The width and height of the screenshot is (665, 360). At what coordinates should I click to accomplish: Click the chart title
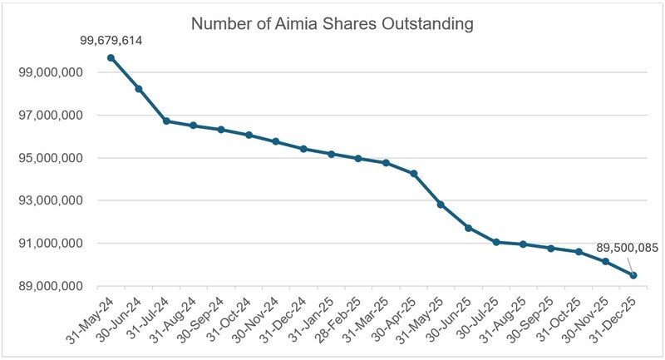click(332, 23)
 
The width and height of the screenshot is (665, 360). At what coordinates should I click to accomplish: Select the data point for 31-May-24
click(111, 57)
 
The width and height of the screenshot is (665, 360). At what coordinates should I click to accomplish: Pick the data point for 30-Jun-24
click(138, 89)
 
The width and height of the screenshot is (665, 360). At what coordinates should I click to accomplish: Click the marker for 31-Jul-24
click(166, 121)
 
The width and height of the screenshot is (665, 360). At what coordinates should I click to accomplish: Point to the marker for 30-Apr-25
click(414, 174)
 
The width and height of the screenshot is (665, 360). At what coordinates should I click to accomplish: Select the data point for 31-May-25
click(441, 205)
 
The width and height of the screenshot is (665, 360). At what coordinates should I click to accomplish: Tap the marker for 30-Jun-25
click(468, 228)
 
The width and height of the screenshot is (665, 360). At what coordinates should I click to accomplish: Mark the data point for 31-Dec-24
click(303, 149)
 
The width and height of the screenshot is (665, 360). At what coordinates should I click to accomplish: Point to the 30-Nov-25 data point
click(606, 261)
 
